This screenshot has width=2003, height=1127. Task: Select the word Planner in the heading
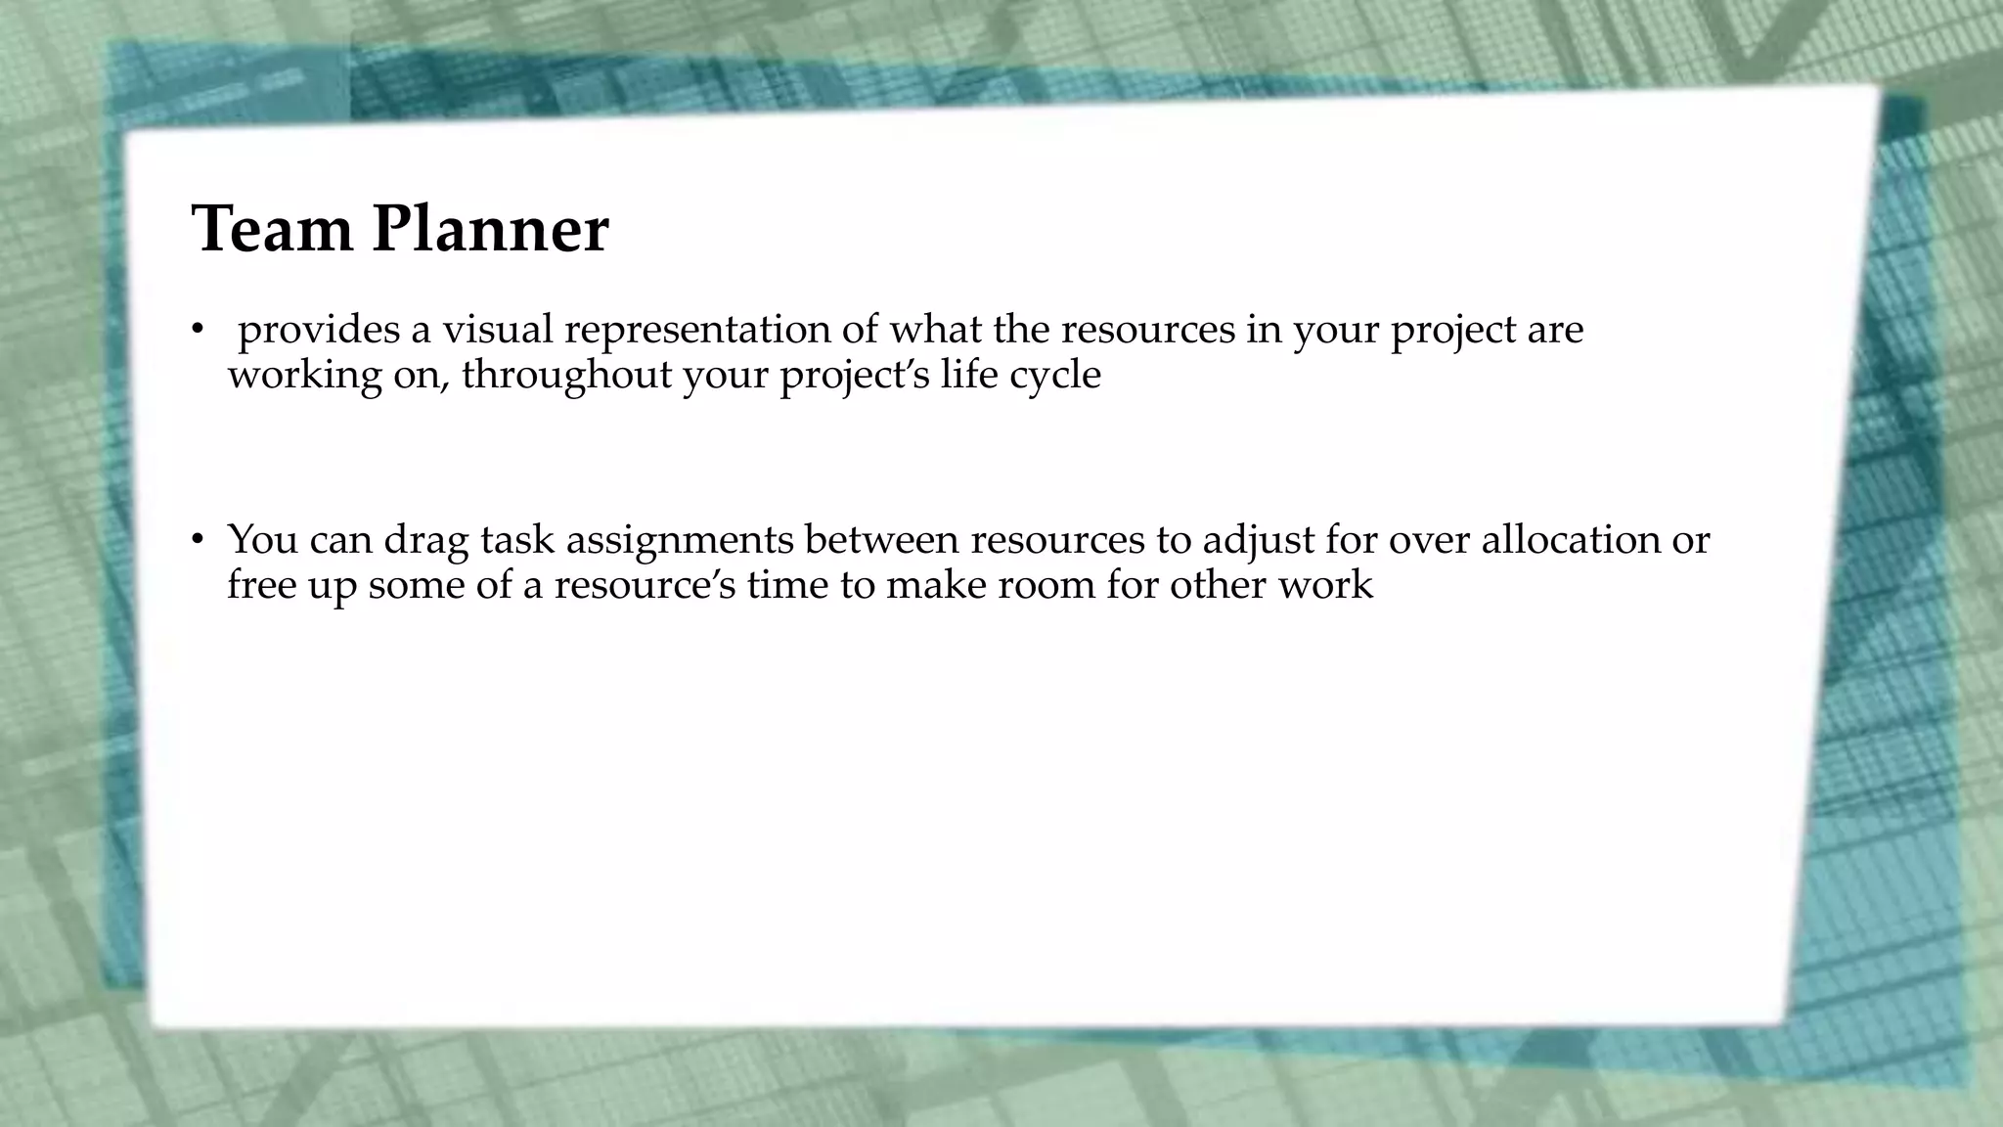[x=490, y=231]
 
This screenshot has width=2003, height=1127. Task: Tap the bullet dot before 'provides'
[x=197, y=330]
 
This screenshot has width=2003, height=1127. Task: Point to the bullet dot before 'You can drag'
[x=197, y=539]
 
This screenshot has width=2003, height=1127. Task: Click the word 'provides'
[x=319, y=331]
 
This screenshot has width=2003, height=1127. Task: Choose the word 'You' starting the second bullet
[x=262, y=539]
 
